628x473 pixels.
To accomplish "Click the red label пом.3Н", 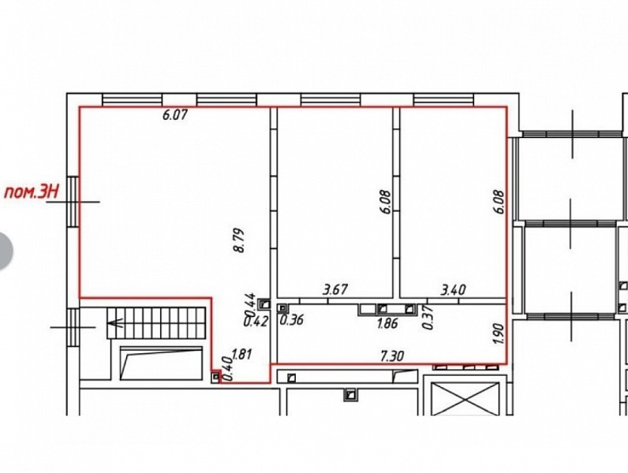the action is tap(31, 192).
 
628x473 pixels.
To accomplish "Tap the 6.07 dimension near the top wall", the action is tap(175, 115).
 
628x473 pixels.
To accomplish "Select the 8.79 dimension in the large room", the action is tap(239, 240).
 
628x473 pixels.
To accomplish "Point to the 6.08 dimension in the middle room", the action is tap(386, 202).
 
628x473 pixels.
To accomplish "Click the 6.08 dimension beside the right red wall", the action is tap(500, 202).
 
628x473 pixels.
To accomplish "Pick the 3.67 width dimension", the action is tap(335, 289).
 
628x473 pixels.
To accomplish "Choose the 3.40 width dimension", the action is tap(453, 289).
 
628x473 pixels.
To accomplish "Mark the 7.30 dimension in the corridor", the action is tap(391, 356).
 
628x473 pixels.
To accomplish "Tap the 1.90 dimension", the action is tap(497, 333).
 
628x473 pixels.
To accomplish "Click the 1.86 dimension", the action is tap(387, 323).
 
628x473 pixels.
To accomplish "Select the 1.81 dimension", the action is tap(241, 355).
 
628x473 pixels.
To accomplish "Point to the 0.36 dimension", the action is tap(292, 320).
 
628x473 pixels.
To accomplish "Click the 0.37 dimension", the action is tap(428, 318).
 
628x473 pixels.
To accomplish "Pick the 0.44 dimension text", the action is tap(249, 305).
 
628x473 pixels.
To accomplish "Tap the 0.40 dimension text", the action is tap(227, 369).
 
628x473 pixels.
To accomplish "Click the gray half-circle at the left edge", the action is tap(5, 251).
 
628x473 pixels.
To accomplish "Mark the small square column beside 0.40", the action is tap(215, 377).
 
